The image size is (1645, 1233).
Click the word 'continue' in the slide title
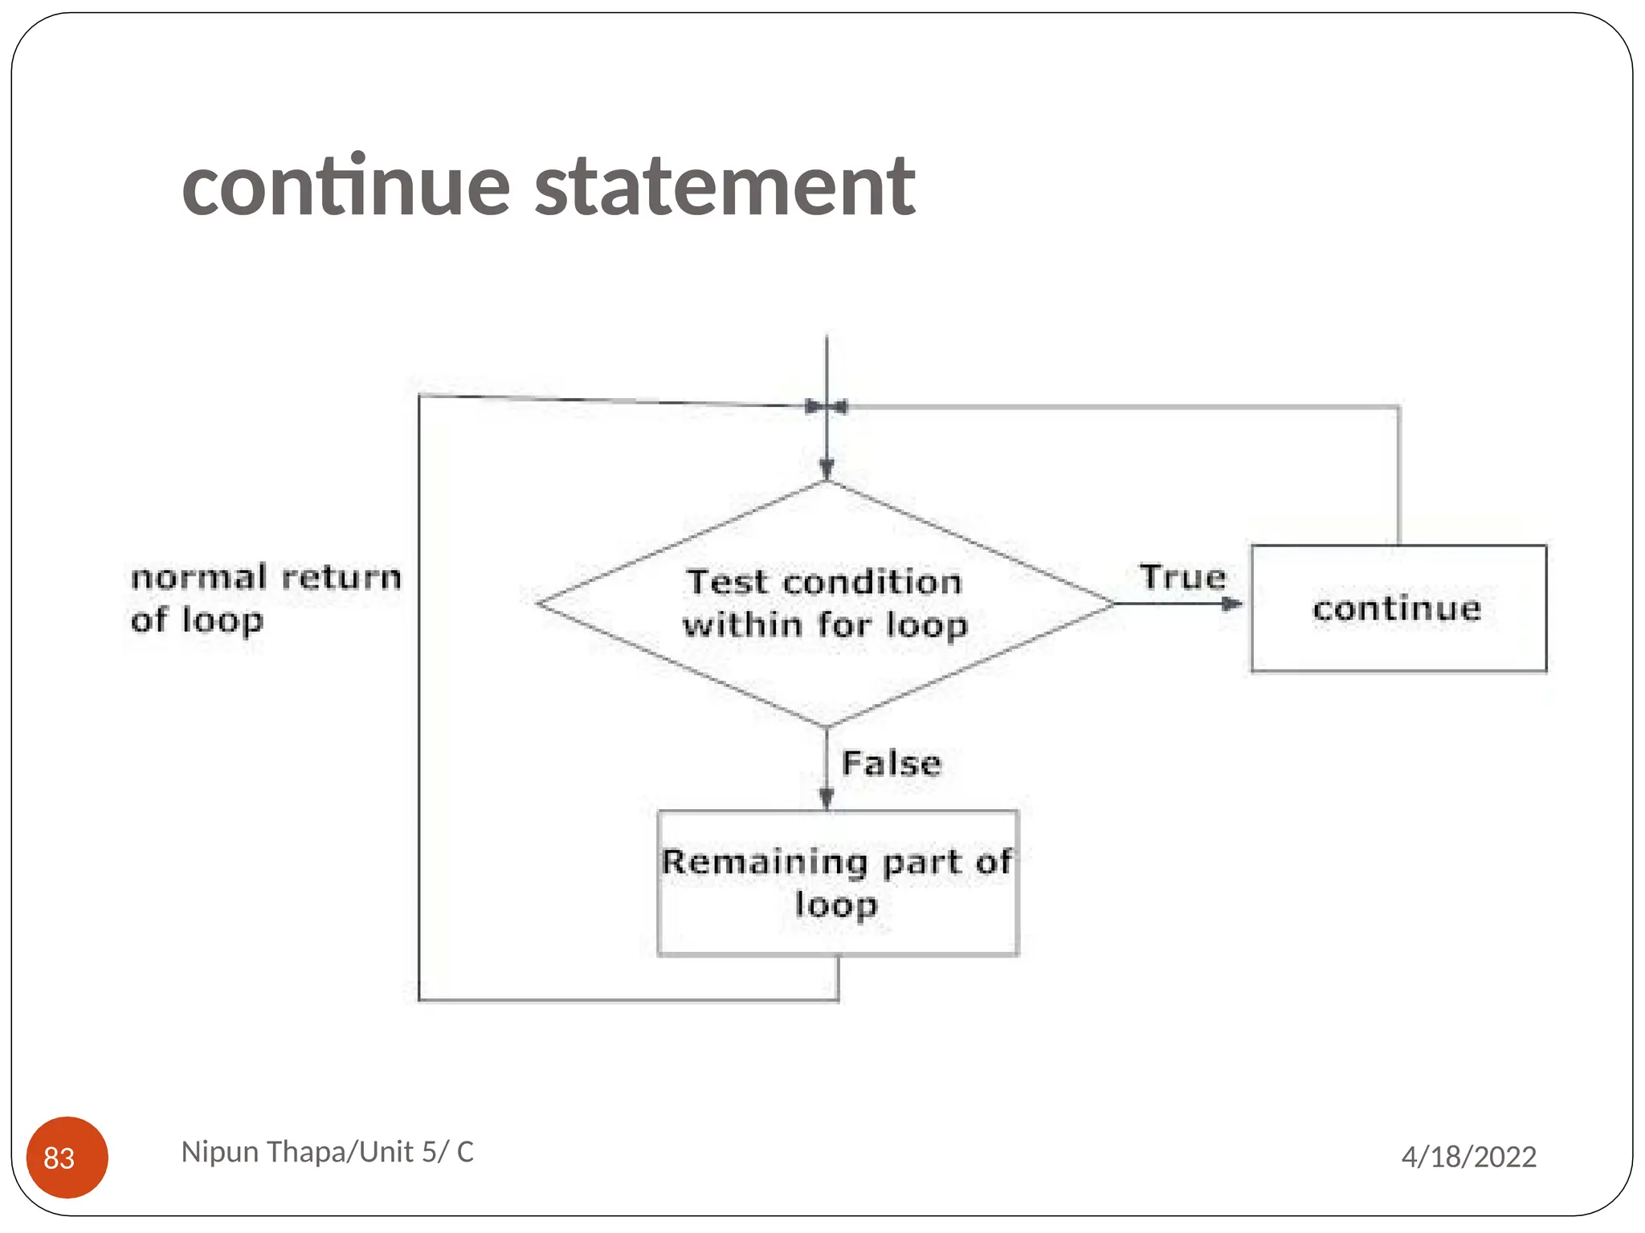click(346, 188)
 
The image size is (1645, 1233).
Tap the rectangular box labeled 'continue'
click(1398, 608)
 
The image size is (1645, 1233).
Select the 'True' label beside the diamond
click(1182, 577)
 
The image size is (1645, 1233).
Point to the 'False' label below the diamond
click(891, 763)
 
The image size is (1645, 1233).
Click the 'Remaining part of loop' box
click(837, 883)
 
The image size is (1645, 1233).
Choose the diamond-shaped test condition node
click(826, 604)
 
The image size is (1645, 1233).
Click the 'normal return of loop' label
click(265, 599)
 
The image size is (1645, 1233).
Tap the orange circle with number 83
click(67, 1157)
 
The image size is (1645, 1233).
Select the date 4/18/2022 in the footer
click(1468, 1157)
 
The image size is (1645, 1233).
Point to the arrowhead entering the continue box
click(1232, 604)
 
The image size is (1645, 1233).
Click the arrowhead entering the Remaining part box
click(827, 797)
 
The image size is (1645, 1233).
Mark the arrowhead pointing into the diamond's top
click(827, 468)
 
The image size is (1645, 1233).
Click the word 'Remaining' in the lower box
click(765, 862)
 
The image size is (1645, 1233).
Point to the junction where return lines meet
click(827, 407)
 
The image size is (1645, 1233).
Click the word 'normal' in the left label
click(198, 577)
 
